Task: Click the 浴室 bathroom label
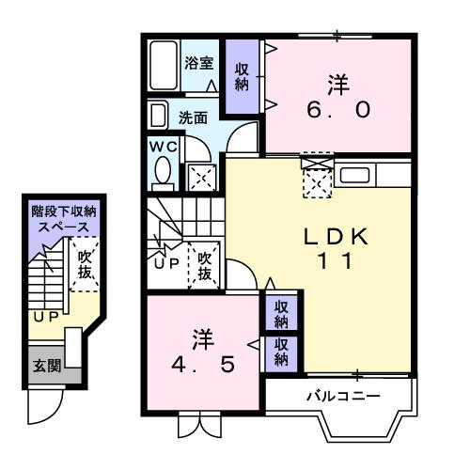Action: click(x=198, y=64)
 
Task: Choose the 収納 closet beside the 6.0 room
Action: click(x=242, y=76)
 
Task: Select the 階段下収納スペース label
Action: click(x=64, y=220)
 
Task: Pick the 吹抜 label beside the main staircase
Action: click(x=202, y=262)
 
